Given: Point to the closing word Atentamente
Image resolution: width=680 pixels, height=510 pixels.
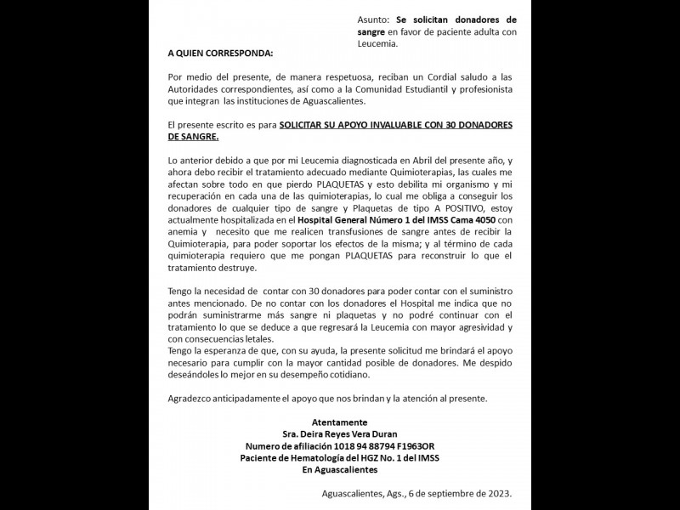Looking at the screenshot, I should pyautogui.click(x=339, y=422).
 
